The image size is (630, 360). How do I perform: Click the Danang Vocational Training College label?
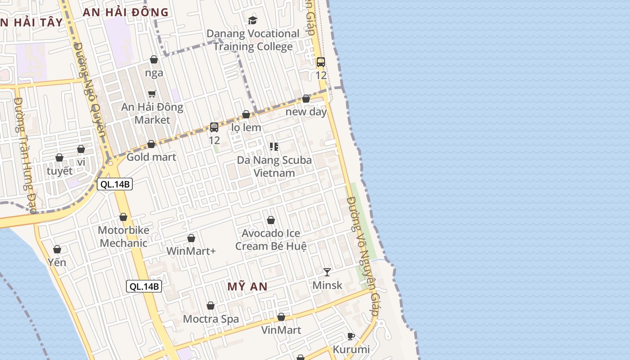click(x=252, y=40)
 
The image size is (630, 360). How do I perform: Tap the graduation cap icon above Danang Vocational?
click(x=253, y=20)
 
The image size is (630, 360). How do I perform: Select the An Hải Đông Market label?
click(x=152, y=113)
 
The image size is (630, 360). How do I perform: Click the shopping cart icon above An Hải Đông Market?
click(x=152, y=94)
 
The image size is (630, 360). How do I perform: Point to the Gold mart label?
click(x=151, y=157)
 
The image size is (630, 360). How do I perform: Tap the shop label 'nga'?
click(x=154, y=73)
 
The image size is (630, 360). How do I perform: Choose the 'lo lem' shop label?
click(x=246, y=127)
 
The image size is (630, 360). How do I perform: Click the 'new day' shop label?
click(x=306, y=112)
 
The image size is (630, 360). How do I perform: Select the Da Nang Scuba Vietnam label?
click(x=274, y=166)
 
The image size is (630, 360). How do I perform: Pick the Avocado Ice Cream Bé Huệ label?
click(x=271, y=240)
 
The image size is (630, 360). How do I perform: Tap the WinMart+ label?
click(x=191, y=251)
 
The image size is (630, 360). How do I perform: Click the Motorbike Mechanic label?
click(x=123, y=237)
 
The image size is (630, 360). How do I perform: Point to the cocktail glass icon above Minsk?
click(x=327, y=272)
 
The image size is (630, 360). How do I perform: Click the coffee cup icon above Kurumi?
click(x=351, y=336)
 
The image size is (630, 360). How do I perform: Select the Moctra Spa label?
click(x=211, y=319)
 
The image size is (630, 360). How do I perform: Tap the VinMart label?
click(x=281, y=330)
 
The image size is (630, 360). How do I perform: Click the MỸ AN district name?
click(x=247, y=287)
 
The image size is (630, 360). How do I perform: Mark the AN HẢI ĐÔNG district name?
click(x=126, y=13)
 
